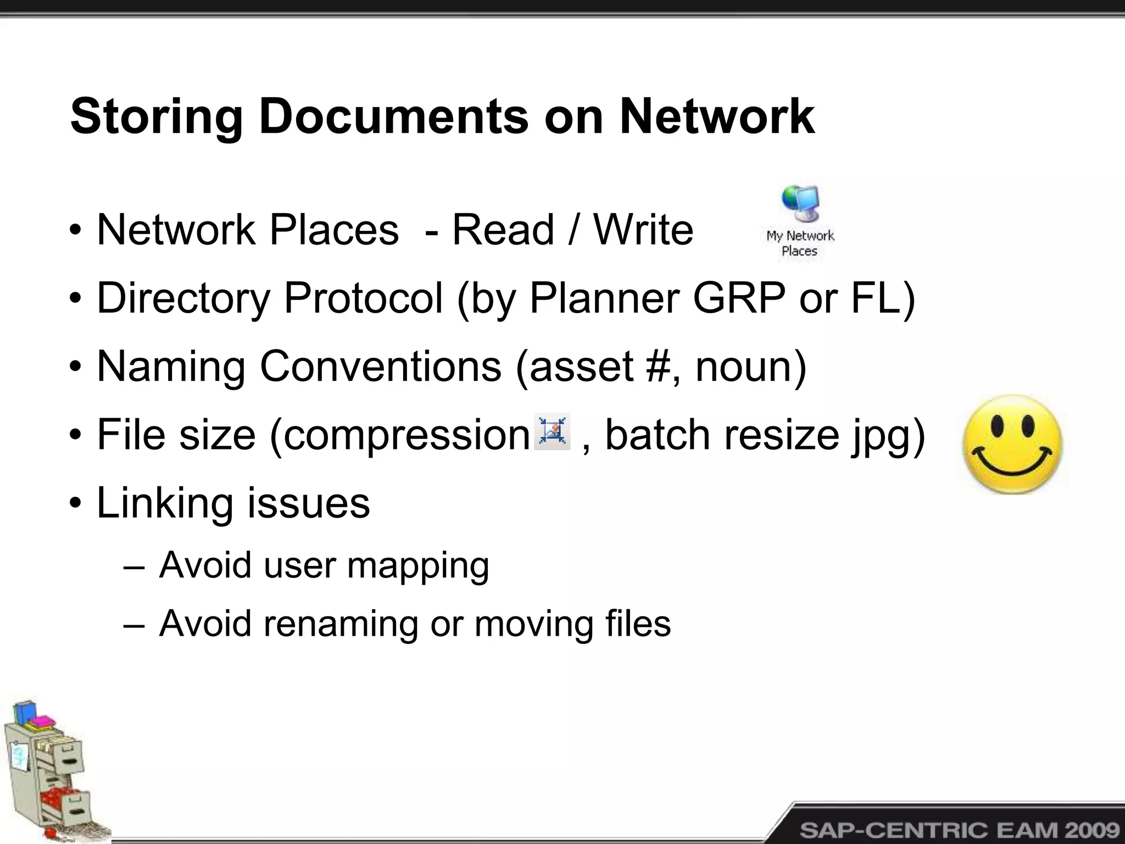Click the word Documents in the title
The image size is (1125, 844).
[393, 116]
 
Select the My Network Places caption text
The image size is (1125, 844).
[800, 243]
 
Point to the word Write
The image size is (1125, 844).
[643, 229]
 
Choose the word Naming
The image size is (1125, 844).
[171, 367]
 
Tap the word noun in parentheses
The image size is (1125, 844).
[744, 367]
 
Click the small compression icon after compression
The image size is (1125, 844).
[552, 431]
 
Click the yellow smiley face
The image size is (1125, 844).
[1012, 445]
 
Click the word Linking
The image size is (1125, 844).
[164, 503]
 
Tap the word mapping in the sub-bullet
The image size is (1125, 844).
[417, 565]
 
